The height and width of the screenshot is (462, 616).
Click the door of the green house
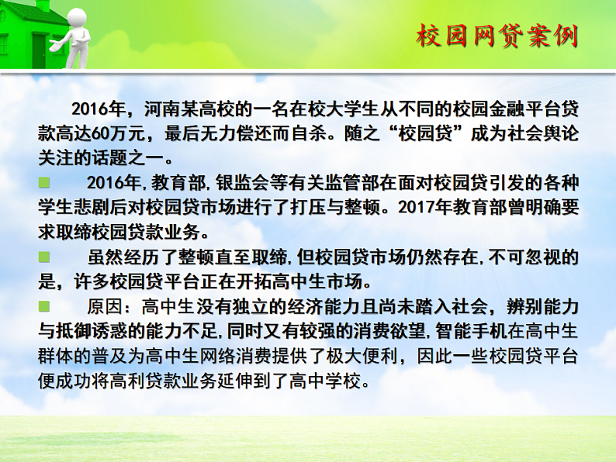(x=39, y=46)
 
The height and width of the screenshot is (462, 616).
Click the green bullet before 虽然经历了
(x=44, y=256)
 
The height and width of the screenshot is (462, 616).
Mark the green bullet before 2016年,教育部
(x=44, y=182)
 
